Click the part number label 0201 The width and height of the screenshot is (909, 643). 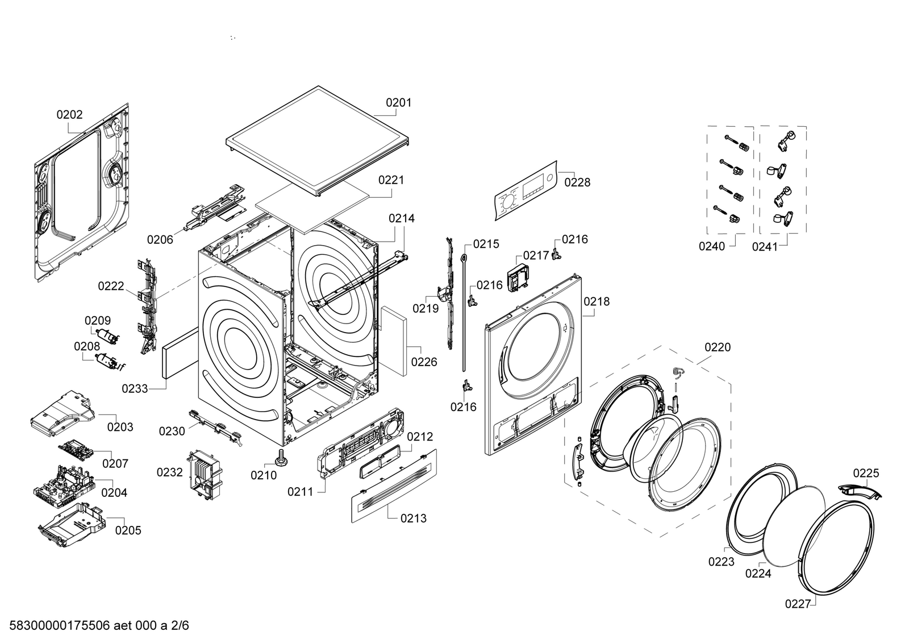point(398,103)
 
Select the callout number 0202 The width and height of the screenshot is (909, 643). point(69,115)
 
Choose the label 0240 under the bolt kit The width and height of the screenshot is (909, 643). point(712,246)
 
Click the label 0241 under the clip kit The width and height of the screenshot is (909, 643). point(765,246)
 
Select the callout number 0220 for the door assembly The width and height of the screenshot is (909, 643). point(718,347)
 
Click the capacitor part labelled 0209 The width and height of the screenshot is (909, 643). point(108,337)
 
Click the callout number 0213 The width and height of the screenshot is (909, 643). point(413,518)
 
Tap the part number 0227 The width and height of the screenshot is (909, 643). point(798,604)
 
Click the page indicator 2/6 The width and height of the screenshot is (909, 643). point(179,627)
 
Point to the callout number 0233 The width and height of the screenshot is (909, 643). point(135,389)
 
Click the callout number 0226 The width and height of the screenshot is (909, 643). point(424,362)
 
